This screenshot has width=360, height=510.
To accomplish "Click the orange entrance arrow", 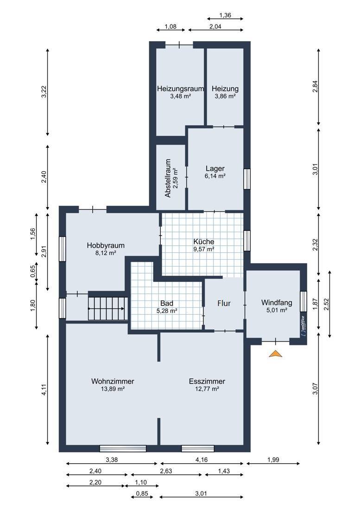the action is coord(276,354).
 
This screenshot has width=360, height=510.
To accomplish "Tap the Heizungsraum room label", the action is coord(180,89).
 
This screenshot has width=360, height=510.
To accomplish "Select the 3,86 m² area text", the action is coord(225,96).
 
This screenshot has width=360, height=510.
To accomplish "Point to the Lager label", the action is coord(215,168).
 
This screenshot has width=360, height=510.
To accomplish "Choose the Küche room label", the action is coord(204,242).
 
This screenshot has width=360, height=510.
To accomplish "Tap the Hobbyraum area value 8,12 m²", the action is coord(106,253).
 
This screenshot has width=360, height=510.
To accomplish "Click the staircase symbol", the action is coord(107,308).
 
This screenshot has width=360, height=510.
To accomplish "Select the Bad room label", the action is coord(167,304).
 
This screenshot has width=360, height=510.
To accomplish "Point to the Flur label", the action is coord(224,303).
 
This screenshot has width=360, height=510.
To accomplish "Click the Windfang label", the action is coord(277,303).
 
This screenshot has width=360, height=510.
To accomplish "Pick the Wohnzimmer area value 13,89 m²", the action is coord(113,389).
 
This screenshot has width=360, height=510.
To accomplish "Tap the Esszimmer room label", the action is coord(207,381).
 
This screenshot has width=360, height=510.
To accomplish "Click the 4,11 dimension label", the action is coord(44,390).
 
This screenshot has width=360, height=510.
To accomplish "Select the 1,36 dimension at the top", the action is coord(225,15).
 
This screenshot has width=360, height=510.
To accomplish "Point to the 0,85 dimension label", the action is coord(142,493).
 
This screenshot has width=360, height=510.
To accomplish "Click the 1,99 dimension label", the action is coord(273,459).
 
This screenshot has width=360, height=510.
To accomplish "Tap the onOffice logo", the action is coord(303,326).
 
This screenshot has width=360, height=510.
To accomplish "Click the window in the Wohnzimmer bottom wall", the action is coord(123,448).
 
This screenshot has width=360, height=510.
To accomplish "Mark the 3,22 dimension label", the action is coord(44,91).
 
